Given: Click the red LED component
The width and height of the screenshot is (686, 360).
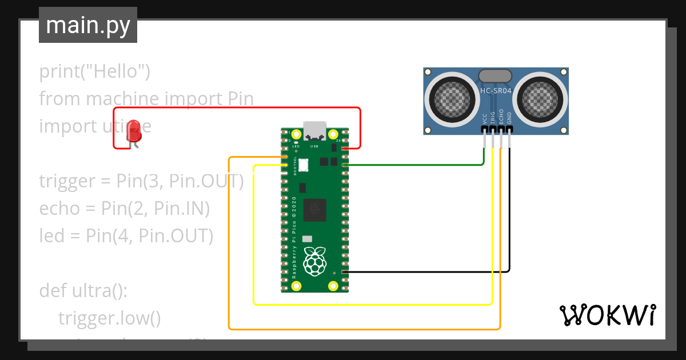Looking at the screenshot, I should pyautogui.click(x=134, y=131).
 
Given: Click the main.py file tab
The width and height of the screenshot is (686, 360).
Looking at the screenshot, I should pyautogui.click(x=88, y=25).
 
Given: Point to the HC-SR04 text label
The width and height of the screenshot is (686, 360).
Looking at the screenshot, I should pyautogui.click(x=496, y=91).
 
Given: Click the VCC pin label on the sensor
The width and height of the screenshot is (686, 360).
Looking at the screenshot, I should pyautogui.click(x=485, y=118).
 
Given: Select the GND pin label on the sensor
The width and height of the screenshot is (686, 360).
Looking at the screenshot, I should pyautogui.click(x=509, y=118).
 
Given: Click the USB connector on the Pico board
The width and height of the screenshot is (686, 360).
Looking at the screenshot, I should pyautogui.click(x=314, y=131).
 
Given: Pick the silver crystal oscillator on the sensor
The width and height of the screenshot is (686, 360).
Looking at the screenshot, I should pyautogui.click(x=495, y=75).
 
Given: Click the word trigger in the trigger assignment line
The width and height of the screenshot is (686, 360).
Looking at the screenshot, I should pyautogui.click(x=67, y=181).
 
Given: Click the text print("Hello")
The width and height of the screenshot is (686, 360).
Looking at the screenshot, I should pyautogui.click(x=95, y=72).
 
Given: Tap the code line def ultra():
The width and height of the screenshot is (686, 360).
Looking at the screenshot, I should pyautogui.click(x=83, y=291).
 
